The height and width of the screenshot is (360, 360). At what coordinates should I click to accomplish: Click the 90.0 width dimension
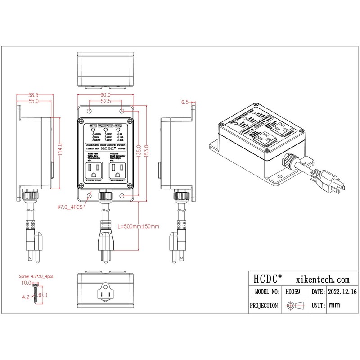click(106, 95)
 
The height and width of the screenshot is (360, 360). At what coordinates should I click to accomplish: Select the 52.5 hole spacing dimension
click(106, 102)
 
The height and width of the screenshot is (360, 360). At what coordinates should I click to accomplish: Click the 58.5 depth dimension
click(33, 95)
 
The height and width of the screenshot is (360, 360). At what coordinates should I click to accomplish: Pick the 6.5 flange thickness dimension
click(185, 102)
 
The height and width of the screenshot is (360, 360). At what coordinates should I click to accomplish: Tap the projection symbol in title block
click(293, 306)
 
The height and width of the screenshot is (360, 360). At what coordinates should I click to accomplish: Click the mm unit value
click(334, 306)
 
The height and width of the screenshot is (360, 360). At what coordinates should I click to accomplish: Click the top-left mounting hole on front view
click(89, 111)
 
